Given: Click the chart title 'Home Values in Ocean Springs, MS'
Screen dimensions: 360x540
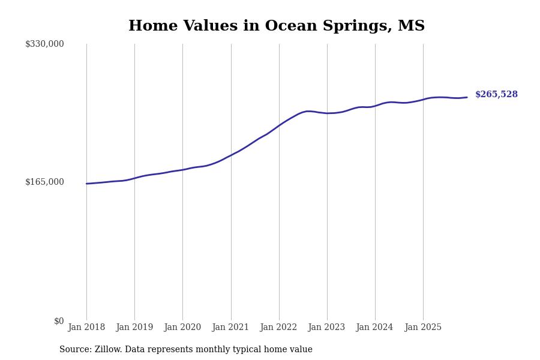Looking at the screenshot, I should [276, 26].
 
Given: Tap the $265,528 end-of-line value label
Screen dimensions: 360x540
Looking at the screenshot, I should [496, 95].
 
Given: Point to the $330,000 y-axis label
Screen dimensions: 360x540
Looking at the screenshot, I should [44, 44].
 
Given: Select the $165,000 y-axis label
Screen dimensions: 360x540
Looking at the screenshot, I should [44, 182].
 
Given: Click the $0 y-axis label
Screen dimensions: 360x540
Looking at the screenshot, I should [59, 321].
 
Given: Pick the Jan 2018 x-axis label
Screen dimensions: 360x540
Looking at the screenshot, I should [86, 328].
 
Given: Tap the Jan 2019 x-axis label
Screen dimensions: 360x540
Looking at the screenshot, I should [134, 328].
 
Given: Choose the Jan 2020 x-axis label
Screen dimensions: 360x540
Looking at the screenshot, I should [182, 328].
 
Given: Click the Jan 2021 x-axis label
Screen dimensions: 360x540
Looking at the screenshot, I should [230, 328].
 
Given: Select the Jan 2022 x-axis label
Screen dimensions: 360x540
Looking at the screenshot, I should [278, 328].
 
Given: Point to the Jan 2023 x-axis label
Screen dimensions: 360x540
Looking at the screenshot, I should [326, 328].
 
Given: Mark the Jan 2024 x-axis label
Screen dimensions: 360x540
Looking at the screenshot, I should [374, 328].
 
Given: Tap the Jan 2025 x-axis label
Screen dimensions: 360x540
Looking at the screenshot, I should [423, 328].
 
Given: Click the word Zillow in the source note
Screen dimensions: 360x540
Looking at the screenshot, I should [108, 350].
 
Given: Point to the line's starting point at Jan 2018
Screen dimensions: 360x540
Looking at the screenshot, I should [86, 184].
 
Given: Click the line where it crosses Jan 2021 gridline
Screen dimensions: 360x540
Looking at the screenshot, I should [231, 155].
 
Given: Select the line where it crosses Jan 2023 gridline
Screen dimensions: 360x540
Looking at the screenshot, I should [327, 113].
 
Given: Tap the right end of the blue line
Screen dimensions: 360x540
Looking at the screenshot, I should [467, 97].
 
